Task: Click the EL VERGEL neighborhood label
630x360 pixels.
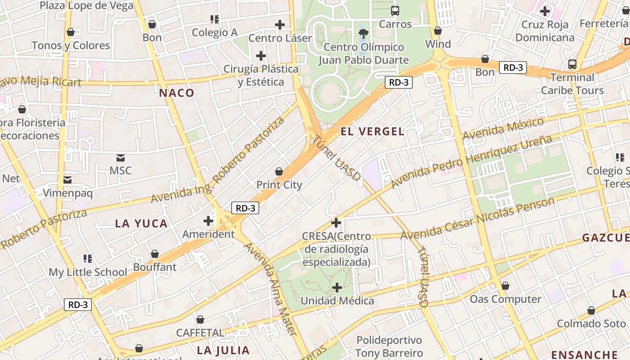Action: click(x=373, y=131)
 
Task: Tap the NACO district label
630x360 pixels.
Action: click(x=176, y=93)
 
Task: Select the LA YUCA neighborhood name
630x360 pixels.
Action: click(x=141, y=223)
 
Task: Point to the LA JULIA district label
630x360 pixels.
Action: click(x=223, y=350)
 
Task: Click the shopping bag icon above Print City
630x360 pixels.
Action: click(x=279, y=171)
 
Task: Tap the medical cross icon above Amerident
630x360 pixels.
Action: click(x=208, y=221)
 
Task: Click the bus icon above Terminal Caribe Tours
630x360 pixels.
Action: click(x=572, y=64)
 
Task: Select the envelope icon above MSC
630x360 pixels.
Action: click(x=121, y=158)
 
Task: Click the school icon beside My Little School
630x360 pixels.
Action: click(x=88, y=259)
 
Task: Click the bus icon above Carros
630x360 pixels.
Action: click(x=395, y=11)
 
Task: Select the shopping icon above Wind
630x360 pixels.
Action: click(x=437, y=31)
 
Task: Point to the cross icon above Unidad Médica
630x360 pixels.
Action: click(x=337, y=287)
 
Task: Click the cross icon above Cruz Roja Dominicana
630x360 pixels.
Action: click(x=545, y=11)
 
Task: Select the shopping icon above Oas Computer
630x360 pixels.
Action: click(x=505, y=286)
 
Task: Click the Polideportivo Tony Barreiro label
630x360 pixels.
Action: click(x=389, y=346)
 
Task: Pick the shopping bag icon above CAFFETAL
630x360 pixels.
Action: click(x=200, y=319)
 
